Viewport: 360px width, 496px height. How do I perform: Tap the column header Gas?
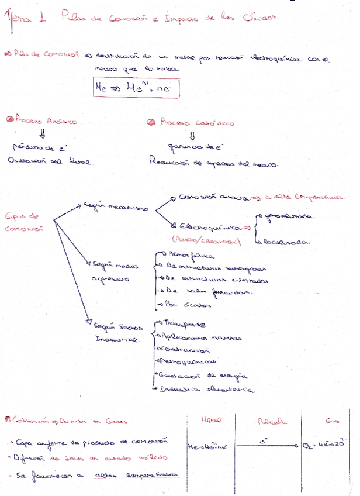tap(331, 421)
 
